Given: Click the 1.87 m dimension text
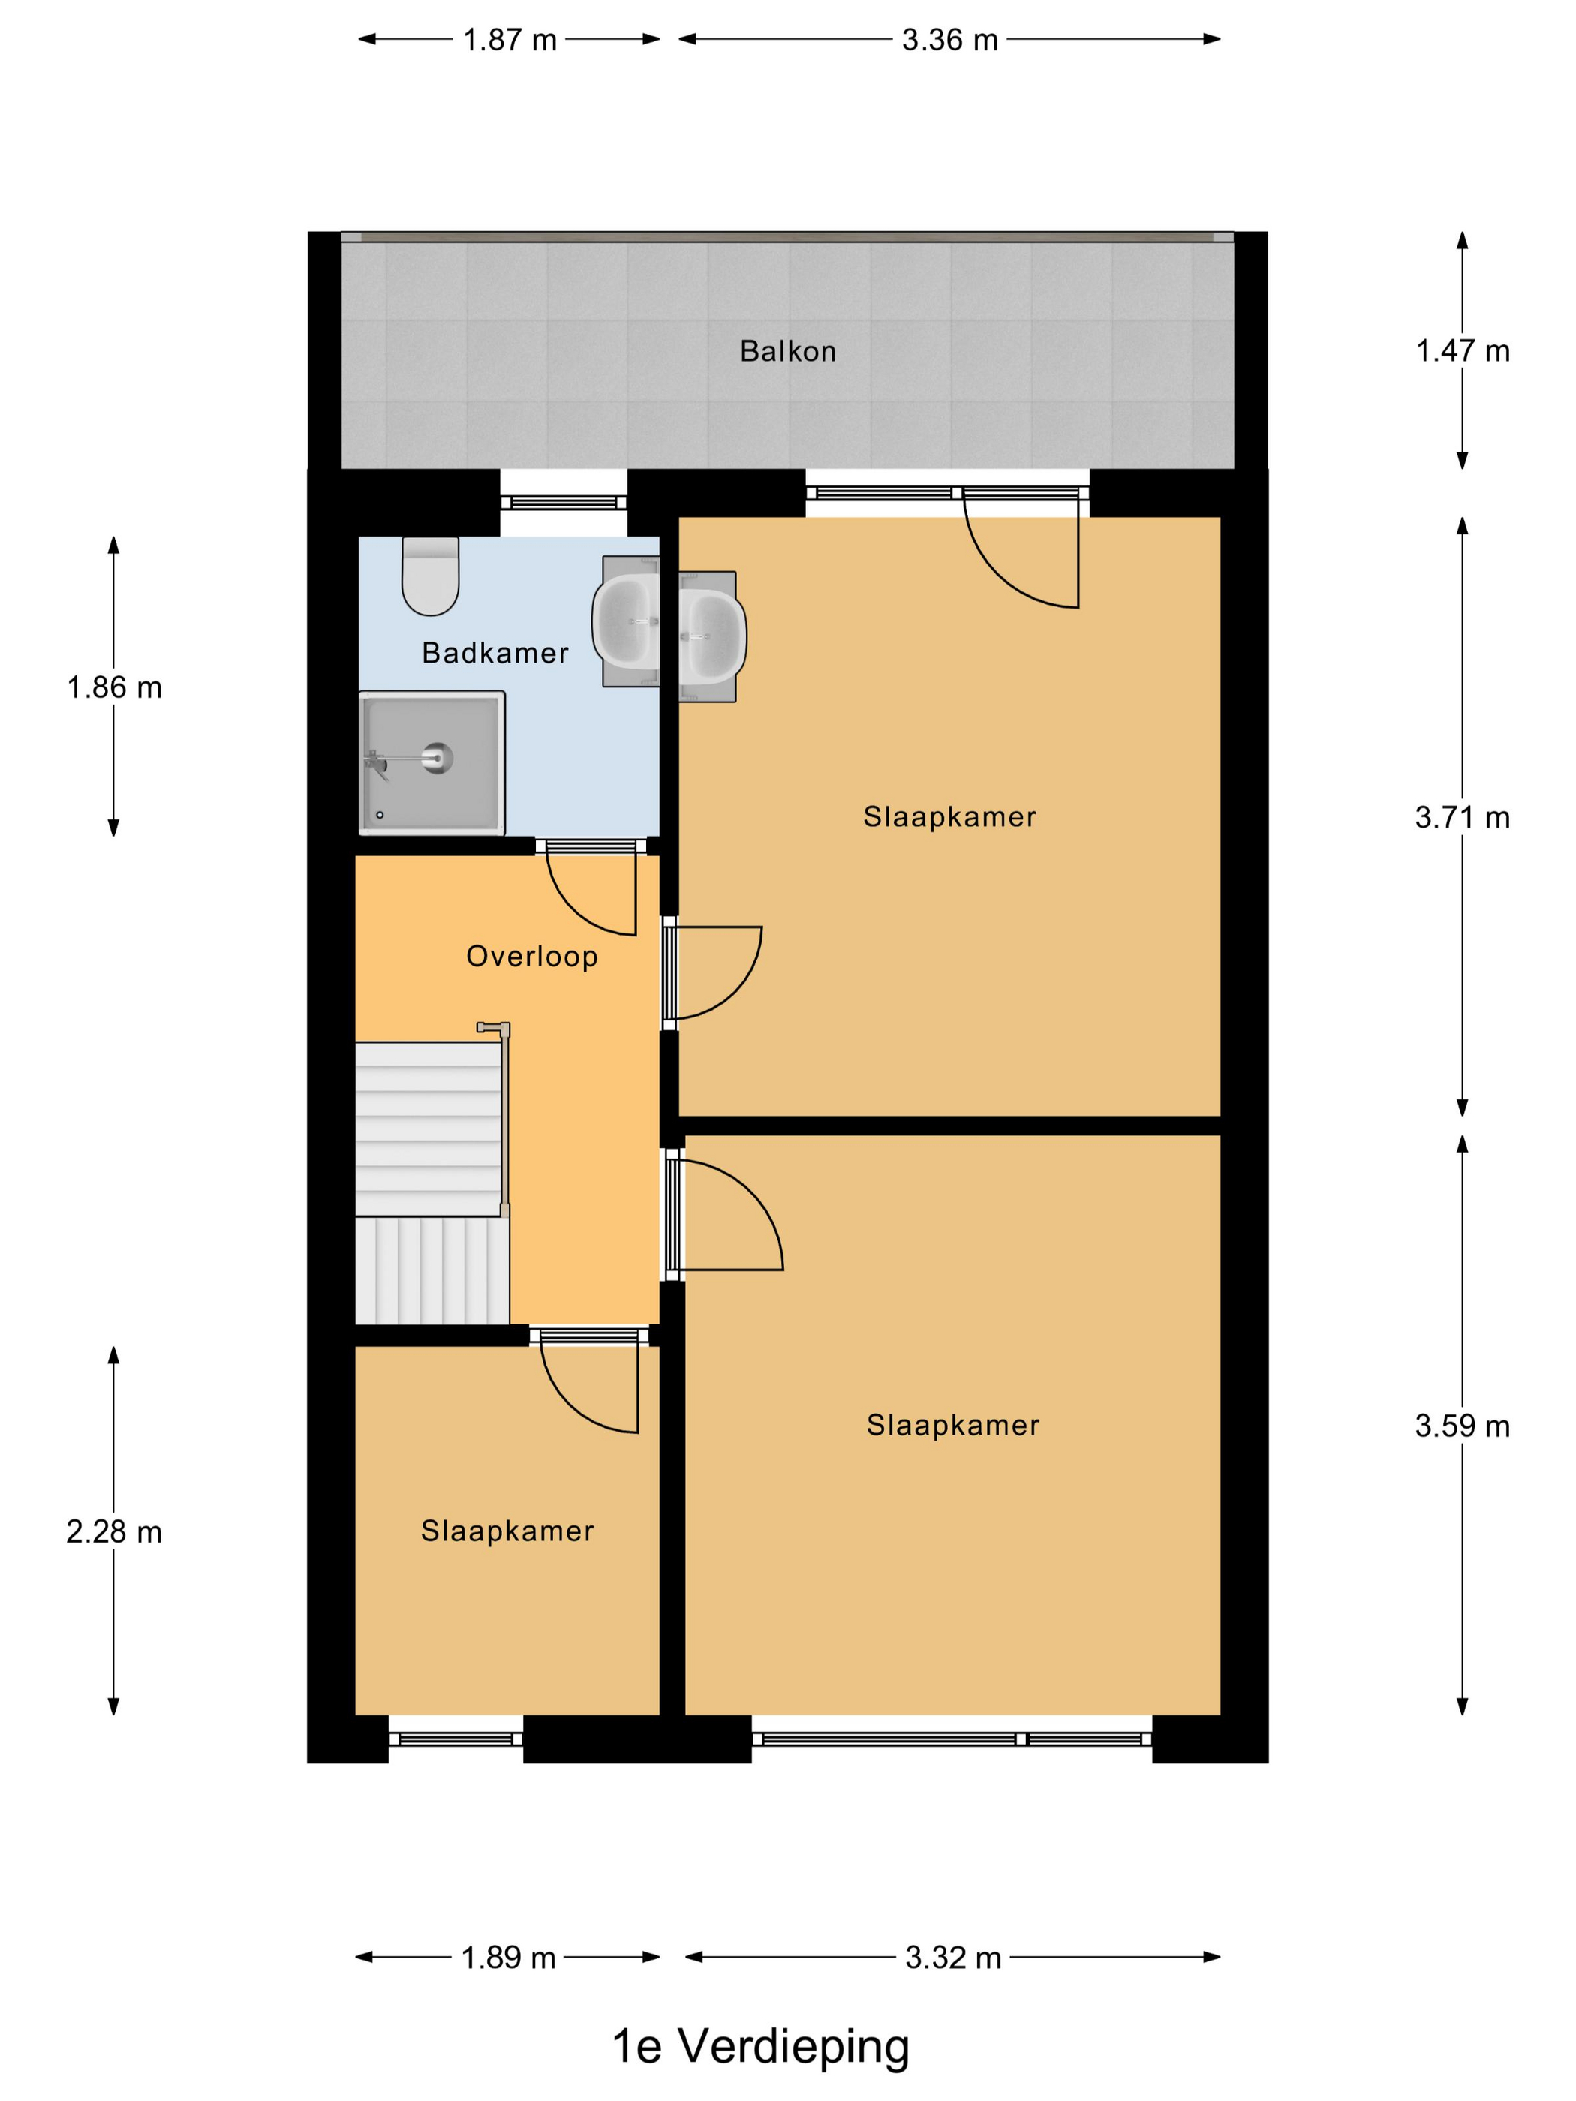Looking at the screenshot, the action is coord(509,40).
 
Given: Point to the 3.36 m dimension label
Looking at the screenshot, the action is coord(950,40).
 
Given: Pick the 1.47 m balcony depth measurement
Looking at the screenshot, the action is coord(1462,351).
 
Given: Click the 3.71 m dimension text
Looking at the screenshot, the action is coord(1462,817).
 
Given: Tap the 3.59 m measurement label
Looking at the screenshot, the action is coord(1462,1426).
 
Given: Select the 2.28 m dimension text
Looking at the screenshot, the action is coord(114,1532).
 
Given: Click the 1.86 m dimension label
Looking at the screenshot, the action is coord(114,687).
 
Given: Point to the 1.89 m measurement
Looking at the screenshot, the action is coord(508,1958).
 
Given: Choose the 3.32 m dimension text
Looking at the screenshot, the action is coord(953,1958).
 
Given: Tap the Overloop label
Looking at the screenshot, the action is coord(532,957).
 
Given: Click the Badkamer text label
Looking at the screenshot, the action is coord(495,653).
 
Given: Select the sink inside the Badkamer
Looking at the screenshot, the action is coord(626,621).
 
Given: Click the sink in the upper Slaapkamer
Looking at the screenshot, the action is coord(712,636).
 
